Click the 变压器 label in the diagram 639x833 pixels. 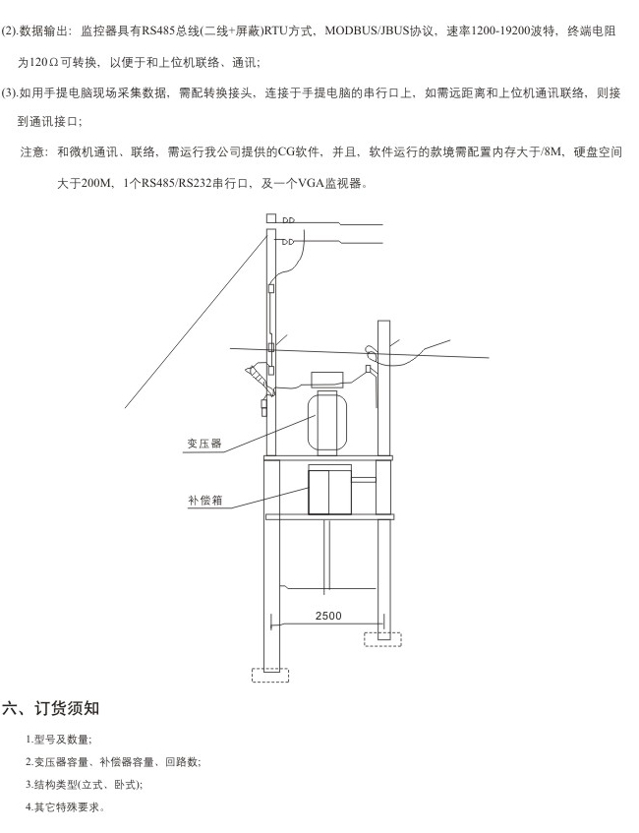click(203, 444)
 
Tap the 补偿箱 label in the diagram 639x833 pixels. click(205, 500)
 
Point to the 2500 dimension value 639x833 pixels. click(328, 616)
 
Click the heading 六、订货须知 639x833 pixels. click(51, 708)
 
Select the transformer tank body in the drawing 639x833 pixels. click(327, 423)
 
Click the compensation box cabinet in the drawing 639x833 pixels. click(330, 490)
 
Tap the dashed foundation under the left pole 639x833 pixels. click(270, 674)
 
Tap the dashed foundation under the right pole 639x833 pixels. click(382, 639)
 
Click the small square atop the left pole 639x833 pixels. click(271, 217)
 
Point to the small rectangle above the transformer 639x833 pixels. click(328, 380)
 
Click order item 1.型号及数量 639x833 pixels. click(58, 740)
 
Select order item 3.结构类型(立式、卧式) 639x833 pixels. click(84, 785)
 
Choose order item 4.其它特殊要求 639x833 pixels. click(65, 807)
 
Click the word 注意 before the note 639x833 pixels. click(32, 152)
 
